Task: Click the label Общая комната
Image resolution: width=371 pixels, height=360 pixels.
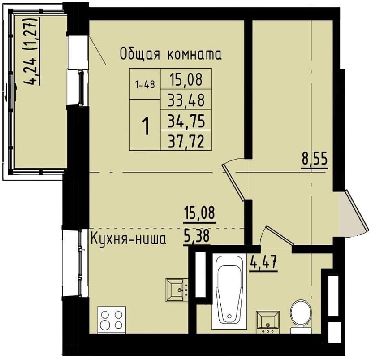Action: (x=170, y=55)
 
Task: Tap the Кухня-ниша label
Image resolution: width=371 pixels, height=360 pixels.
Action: (x=128, y=239)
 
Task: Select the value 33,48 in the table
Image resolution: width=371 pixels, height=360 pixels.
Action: (x=186, y=100)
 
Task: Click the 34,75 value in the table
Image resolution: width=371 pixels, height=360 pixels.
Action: (x=186, y=121)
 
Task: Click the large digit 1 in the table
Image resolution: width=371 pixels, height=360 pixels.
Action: (x=146, y=126)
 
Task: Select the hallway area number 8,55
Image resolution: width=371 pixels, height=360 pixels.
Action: (x=315, y=159)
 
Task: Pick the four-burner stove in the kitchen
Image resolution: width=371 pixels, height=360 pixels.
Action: (x=112, y=320)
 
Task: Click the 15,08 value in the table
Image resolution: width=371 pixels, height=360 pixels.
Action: (x=186, y=79)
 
